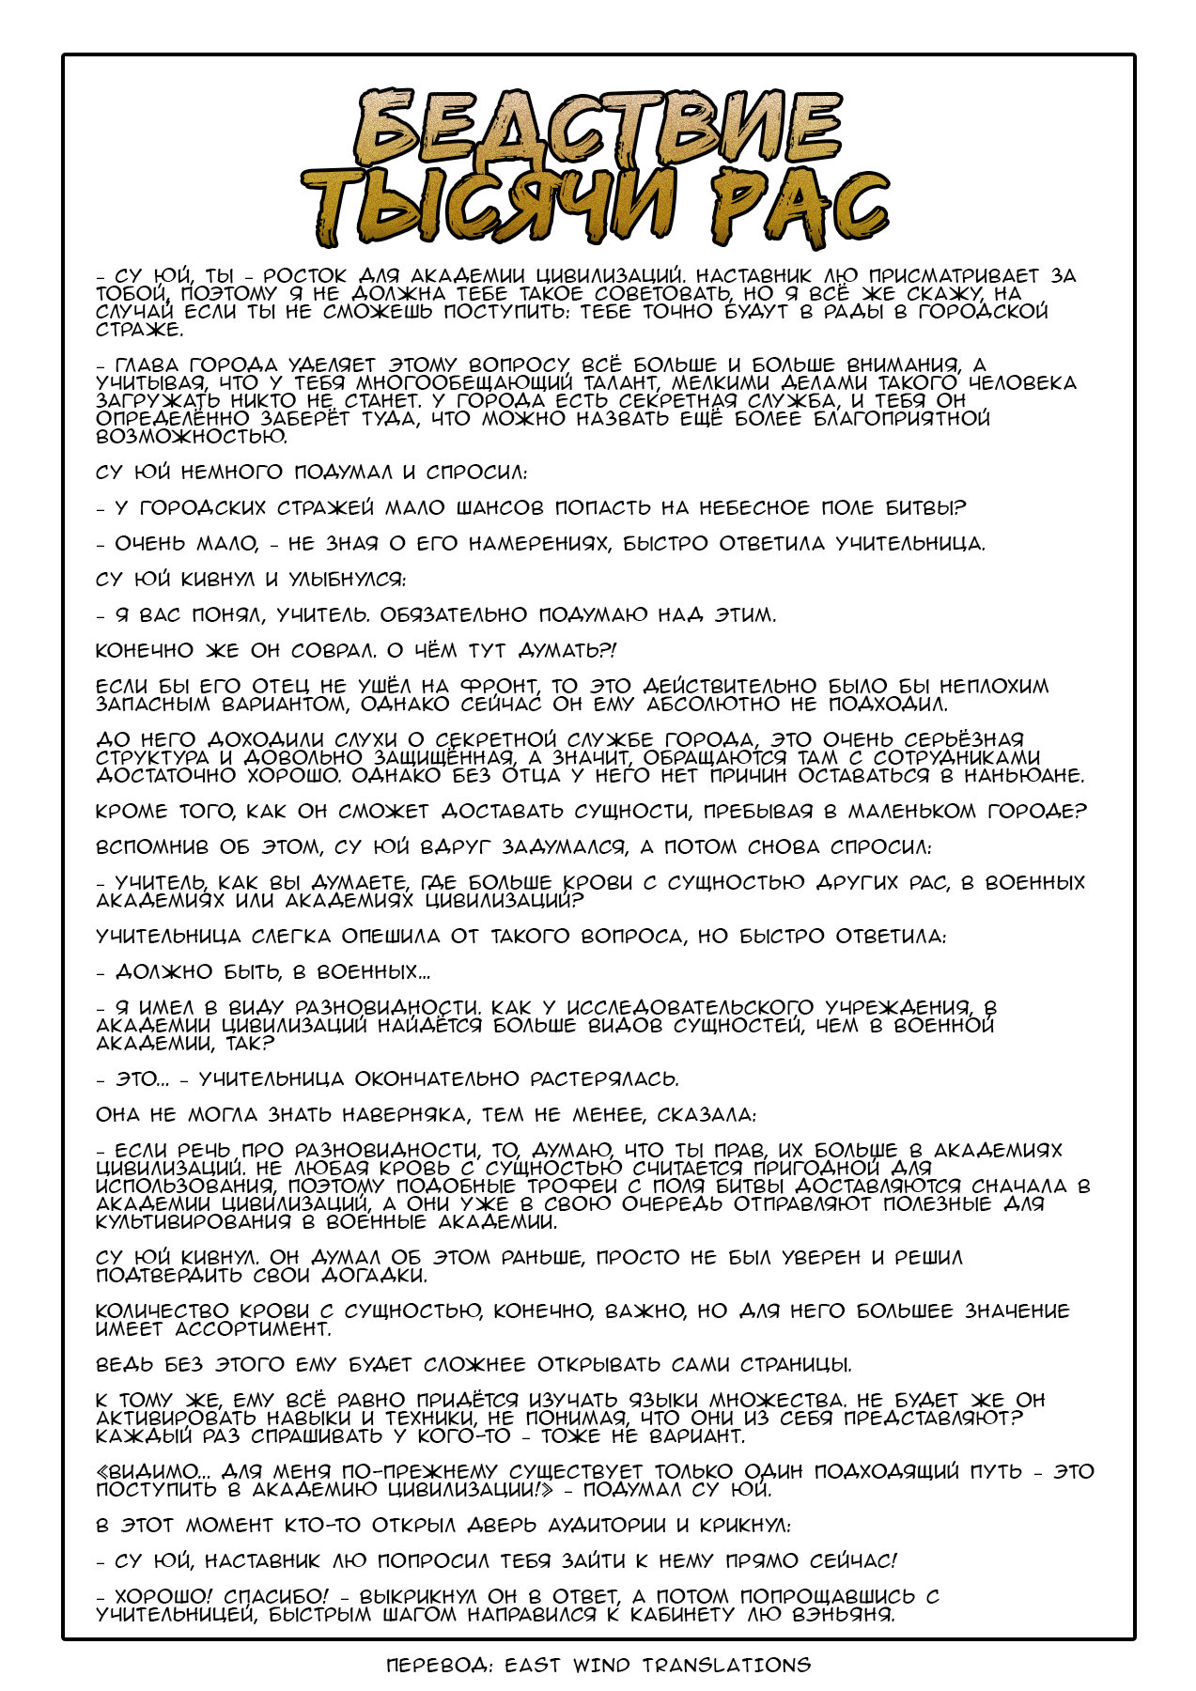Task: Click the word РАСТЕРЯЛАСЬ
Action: [x=605, y=1079]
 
